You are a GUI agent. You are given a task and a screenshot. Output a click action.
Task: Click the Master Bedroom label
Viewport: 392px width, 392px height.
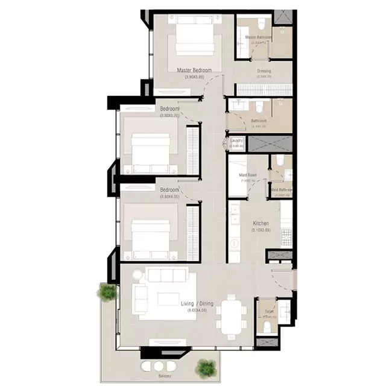point(194,70)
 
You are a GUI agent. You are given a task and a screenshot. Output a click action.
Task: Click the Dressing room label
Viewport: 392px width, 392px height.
point(264,71)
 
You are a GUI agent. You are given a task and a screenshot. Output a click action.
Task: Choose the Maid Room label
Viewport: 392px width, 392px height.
point(248,175)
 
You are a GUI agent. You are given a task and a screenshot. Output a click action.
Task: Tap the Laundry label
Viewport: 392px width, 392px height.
point(236,141)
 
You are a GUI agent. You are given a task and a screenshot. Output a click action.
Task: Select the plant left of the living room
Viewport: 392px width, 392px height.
point(107,292)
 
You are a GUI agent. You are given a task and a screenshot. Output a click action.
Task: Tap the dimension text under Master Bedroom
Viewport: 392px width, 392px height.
point(194,77)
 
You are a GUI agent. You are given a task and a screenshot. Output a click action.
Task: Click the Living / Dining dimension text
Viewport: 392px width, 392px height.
point(197,310)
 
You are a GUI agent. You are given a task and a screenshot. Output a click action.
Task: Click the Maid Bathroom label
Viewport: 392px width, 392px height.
point(282,190)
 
